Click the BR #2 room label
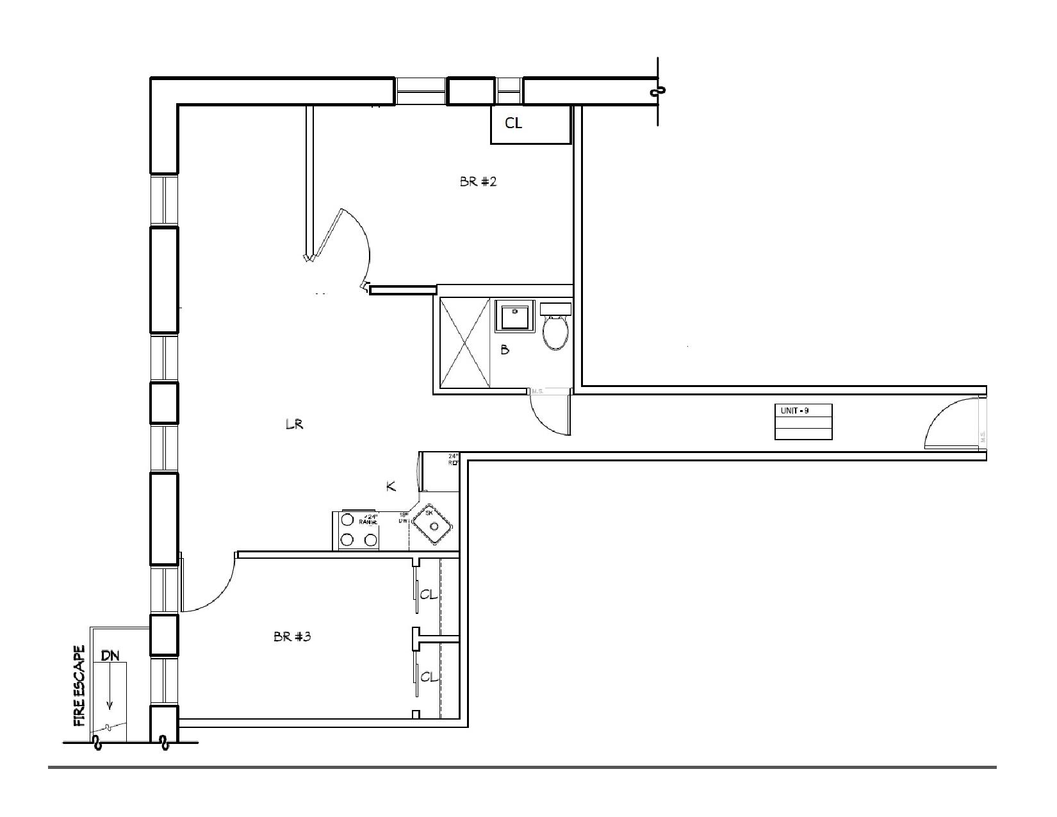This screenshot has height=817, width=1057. pyautogui.click(x=478, y=181)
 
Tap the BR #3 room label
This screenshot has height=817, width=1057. pyautogui.click(x=292, y=637)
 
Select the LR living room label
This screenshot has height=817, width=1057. pyautogui.click(x=294, y=424)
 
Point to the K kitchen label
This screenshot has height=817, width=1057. pyautogui.click(x=391, y=487)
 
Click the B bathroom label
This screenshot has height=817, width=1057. pyautogui.click(x=505, y=350)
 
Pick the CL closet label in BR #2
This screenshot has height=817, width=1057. pyautogui.click(x=513, y=124)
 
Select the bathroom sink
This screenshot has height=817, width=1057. pyautogui.click(x=515, y=317)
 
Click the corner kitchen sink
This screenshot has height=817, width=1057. pyautogui.click(x=434, y=524)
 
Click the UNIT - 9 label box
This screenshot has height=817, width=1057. pyautogui.click(x=803, y=421)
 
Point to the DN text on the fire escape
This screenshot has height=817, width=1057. pyautogui.click(x=111, y=656)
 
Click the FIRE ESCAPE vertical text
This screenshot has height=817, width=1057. pyautogui.click(x=80, y=686)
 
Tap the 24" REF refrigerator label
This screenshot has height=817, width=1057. pyautogui.click(x=454, y=459)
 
